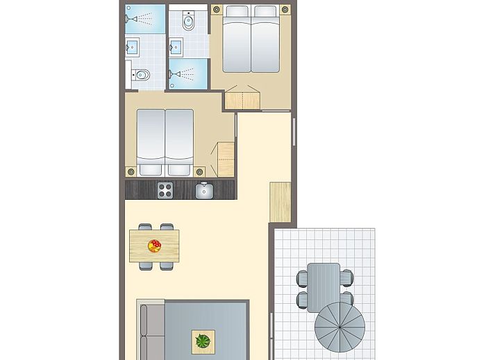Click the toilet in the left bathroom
[141, 75]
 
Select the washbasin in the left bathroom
[133, 48]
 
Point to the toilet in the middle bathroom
[188, 22]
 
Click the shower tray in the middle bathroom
[188, 73]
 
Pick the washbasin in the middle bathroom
[176, 47]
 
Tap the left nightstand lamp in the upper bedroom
[216, 10]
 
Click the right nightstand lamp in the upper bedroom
[285, 10]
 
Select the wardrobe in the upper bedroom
[243, 99]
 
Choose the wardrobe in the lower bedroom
[226, 160]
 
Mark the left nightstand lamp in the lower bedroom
[131, 171]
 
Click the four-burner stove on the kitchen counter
[165, 189]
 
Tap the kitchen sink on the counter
[204, 190]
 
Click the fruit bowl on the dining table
[154, 246]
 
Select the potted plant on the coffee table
[203, 341]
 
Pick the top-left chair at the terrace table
[302, 278]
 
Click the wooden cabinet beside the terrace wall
[280, 201]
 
